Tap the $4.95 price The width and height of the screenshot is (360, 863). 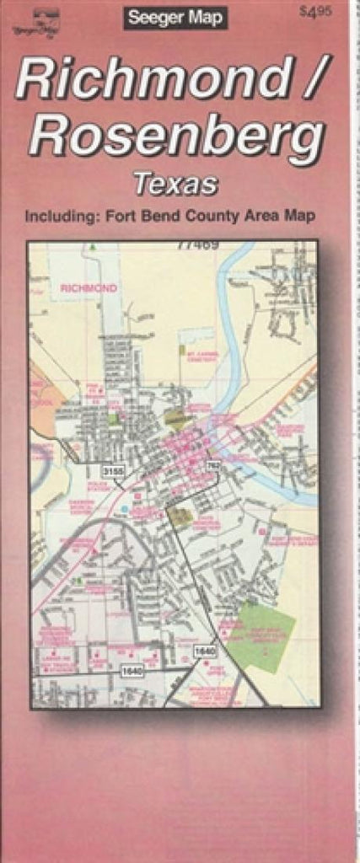pyautogui.click(x=315, y=11)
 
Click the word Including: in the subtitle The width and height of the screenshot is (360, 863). pyautogui.click(x=61, y=217)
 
